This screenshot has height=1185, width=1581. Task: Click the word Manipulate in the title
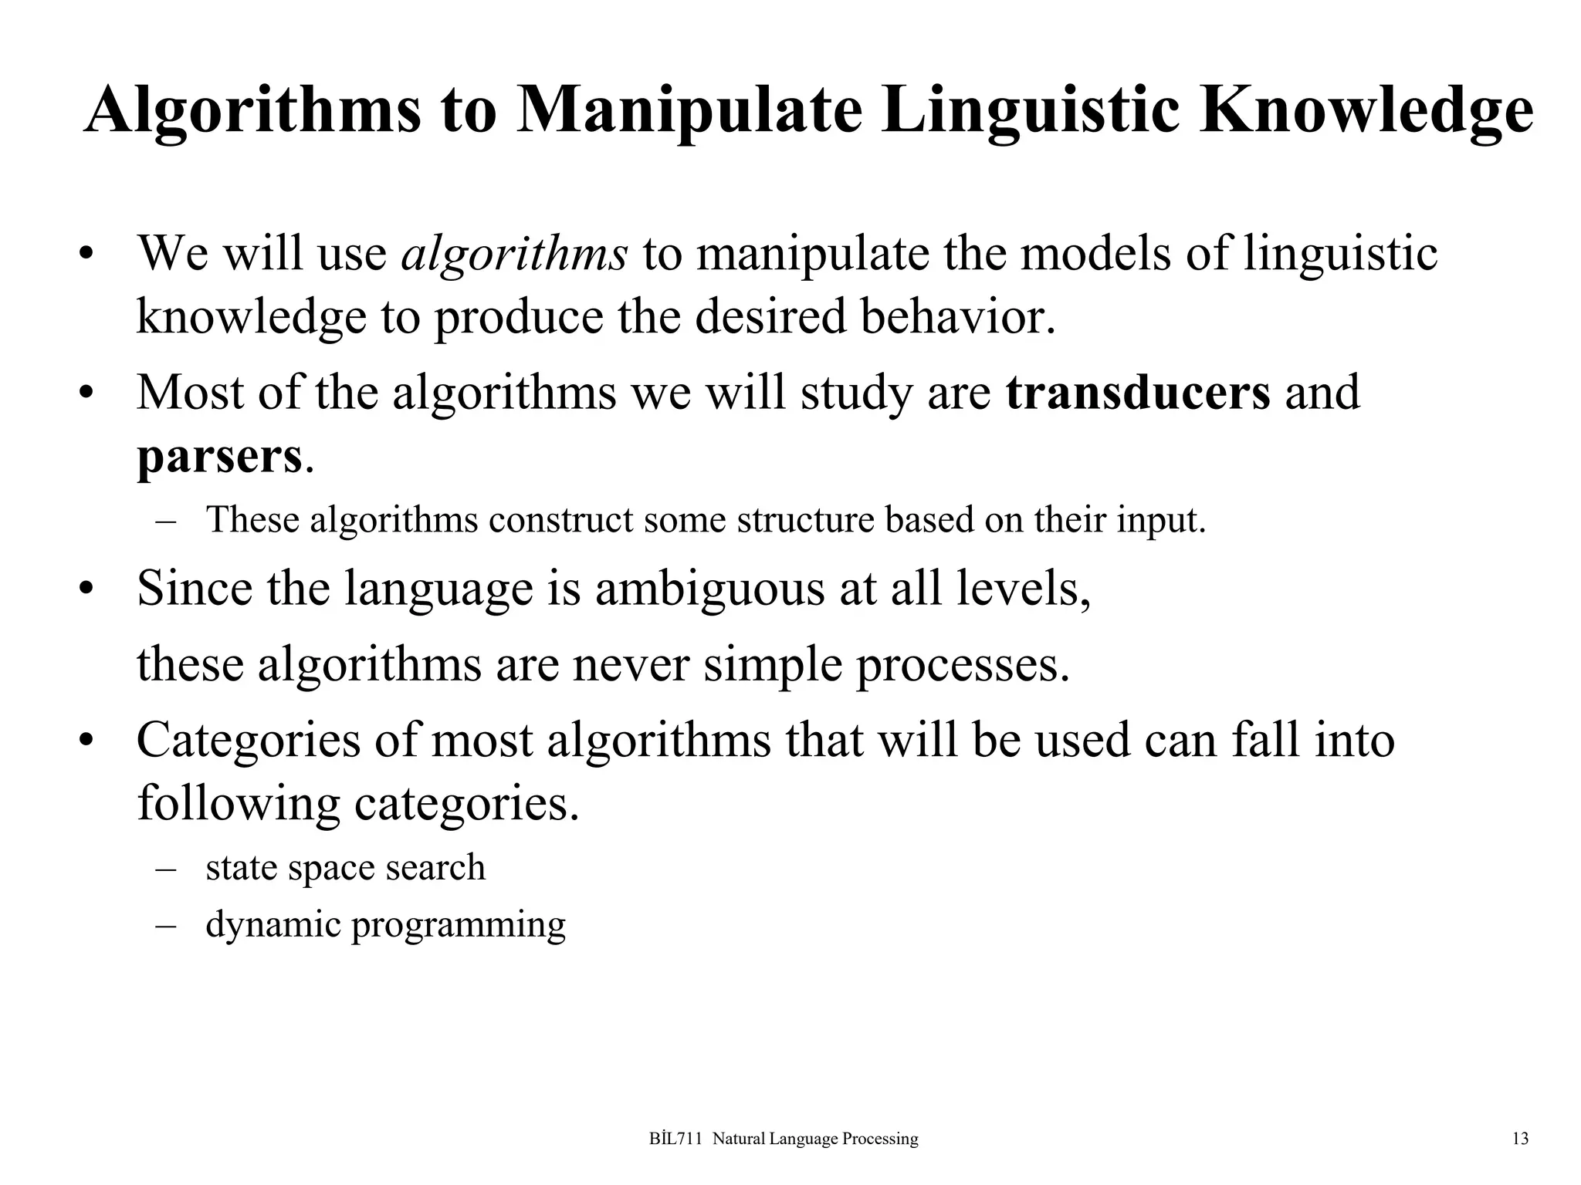689,110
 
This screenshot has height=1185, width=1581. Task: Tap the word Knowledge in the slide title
1366,110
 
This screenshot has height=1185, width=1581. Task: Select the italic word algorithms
514,253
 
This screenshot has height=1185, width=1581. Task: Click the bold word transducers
1138,392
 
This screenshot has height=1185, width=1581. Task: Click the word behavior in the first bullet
957,316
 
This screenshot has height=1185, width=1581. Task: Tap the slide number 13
1520,1139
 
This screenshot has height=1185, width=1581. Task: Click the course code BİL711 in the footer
675,1139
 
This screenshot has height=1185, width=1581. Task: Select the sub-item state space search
345,867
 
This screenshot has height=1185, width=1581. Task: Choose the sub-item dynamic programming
385,924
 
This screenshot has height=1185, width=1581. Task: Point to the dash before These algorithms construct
164,520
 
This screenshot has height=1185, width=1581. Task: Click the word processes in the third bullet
963,663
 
